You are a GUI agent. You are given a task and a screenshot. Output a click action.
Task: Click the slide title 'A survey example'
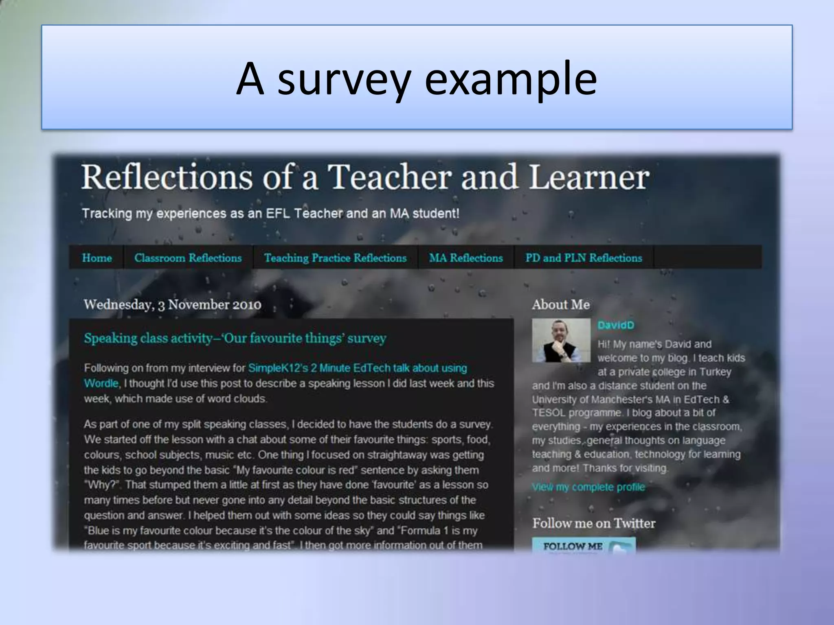point(417,78)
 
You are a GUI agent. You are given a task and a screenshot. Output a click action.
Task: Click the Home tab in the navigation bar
point(97,258)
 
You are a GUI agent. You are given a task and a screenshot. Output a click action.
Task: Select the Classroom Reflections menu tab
point(188,258)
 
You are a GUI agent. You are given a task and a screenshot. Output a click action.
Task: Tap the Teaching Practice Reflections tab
point(335,258)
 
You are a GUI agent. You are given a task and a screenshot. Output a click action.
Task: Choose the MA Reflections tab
point(466,258)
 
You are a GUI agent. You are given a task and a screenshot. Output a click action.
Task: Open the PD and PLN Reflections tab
point(584,258)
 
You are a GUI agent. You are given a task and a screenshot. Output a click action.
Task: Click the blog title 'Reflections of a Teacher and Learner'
point(365,177)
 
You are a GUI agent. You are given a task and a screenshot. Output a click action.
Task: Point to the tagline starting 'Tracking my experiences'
point(270,214)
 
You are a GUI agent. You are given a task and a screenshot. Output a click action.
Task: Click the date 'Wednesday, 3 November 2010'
point(172,305)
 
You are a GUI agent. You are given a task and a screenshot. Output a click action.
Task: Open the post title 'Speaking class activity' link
point(235,338)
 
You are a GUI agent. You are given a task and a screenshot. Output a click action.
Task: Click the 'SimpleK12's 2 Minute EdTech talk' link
point(357,368)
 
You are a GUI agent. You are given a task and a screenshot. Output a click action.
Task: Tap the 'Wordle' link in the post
point(101,384)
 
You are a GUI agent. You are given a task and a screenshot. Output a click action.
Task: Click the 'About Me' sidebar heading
point(561,305)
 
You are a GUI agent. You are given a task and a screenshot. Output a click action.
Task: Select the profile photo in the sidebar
point(561,341)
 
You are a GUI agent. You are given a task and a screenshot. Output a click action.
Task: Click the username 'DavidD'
point(616,325)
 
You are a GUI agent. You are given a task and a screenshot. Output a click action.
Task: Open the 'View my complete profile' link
point(588,487)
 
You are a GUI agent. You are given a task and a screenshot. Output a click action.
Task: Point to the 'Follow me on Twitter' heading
point(594,523)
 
